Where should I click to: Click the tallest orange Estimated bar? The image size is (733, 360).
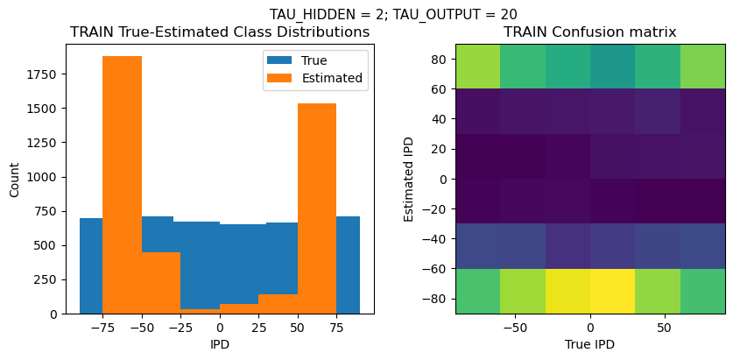122,184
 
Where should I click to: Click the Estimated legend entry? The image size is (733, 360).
332,78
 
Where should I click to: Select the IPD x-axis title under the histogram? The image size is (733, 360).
220,345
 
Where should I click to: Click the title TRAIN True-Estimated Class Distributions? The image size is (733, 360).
220,32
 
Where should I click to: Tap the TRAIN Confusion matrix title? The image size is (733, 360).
589,32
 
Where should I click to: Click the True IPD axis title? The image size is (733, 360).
589,345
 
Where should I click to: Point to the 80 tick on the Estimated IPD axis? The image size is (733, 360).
440,59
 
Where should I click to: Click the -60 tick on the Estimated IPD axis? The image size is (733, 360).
436,269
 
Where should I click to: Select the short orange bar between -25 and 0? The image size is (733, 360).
200,310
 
